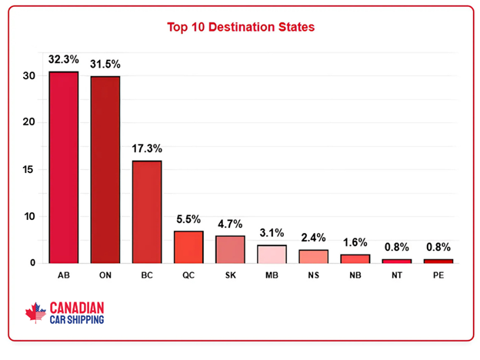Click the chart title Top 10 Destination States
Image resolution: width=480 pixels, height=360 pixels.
click(x=240, y=27)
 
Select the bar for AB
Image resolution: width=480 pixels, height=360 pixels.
click(x=64, y=167)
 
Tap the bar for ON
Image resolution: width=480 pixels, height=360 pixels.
click(x=105, y=169)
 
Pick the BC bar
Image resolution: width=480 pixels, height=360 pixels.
click(x=147, y=212)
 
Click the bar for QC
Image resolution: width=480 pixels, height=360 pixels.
click(x=188, y=247)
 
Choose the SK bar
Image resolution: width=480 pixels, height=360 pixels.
click(x=230, y=249)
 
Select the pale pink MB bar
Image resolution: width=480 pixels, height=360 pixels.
click(x=272, y=254)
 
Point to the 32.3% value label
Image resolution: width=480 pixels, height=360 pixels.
click(x=64, y=58)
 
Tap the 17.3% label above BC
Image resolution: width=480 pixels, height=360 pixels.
click(x=147, y=148)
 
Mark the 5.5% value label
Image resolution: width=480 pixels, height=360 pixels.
click(x=188, y=218)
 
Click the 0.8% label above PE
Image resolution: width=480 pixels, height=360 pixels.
click(x=438, y=247)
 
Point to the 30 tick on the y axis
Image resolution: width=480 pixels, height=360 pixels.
click(x=28, y=76)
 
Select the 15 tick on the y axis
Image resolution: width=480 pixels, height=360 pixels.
click(x=28, y=170)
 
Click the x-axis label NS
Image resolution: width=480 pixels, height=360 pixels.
click(x=313, y=274)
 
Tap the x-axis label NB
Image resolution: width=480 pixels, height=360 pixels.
click(x=355, y=274)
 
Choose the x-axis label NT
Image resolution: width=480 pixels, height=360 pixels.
click(x=396, y=274)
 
